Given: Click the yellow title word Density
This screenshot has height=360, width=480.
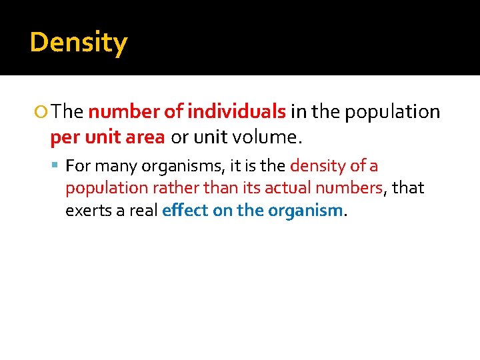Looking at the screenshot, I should click(79, 43).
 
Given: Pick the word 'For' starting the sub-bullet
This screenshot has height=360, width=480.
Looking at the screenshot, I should click(78, 165).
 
